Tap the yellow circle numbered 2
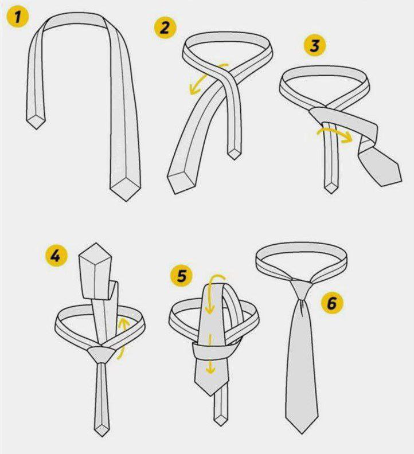pos(165,28)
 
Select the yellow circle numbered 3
pos(315,45)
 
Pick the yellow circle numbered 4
pos(57,256)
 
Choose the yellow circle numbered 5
pos(181,275)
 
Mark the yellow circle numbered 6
pos(332,303)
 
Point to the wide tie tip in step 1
pos(125,188)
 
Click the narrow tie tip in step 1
pos(36,121)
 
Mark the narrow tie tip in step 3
pos(330,187)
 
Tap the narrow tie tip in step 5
pos(220,420)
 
